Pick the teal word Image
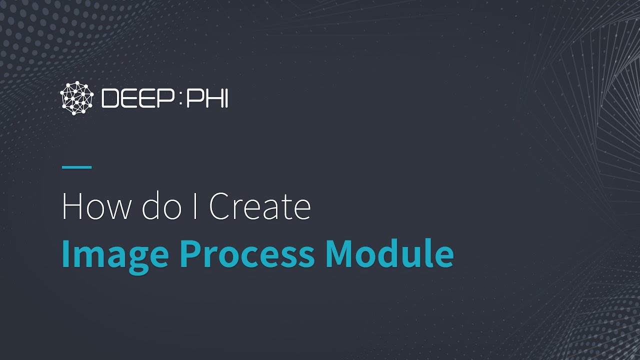114,254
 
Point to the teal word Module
389,253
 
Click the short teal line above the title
76,167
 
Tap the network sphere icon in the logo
77,98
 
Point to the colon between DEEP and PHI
180,98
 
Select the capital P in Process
190,253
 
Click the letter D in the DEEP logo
110,98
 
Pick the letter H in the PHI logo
210,98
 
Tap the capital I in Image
65,253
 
